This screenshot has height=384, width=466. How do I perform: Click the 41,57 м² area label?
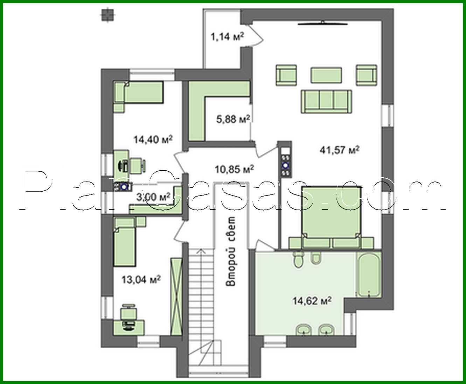pyautogui.click(x=340, y=150)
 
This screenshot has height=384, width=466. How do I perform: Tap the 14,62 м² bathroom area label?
pyautogui.click(x=312, y=301)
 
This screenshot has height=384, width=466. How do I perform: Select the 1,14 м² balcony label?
pyautogui.click(x=227, y=37)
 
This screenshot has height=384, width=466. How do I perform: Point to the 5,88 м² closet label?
pyautogui.click(x=233, y=119)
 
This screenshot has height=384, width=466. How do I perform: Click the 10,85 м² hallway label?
pyautogui.click(x=234, y=169)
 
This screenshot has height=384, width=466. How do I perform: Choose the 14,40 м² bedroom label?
pyautogui.click(x=153, y=140)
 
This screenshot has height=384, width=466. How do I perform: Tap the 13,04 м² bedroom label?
pyautogui.click(x=141, y=279)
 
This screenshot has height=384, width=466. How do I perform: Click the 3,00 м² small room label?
pyautogui.click(x=153, y=197)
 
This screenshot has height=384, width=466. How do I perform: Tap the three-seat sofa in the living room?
pyautogui.click(x=326, y=101)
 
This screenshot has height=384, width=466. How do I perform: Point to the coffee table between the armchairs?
pyautogui.click(x=326, y=75)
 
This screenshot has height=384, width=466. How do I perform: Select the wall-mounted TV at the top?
pyautogui.click(x=323, y=23)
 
